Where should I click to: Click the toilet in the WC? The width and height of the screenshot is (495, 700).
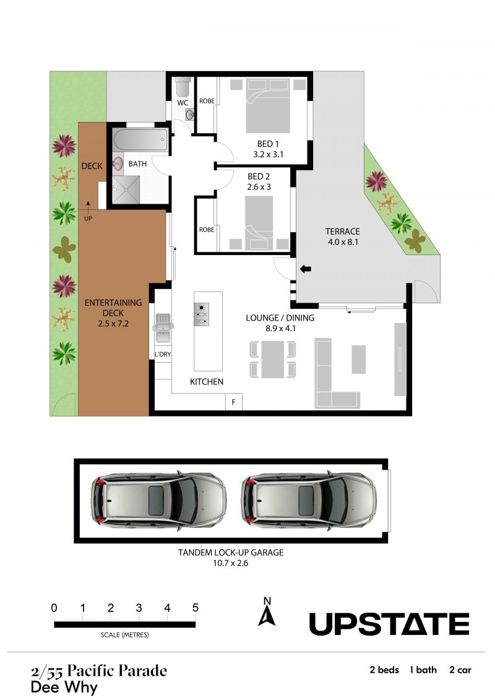[183, 87]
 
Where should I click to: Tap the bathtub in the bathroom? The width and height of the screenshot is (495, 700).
[140, 140]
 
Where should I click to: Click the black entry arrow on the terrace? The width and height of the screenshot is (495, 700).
[305, 269]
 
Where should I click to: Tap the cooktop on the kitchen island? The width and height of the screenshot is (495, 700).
[201, 314]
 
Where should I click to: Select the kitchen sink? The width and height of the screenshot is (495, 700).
[163, 327]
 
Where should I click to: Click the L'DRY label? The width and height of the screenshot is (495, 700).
[163, 354]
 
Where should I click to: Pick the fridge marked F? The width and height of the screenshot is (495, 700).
[233, 402]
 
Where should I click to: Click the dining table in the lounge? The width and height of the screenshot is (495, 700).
[273, 359]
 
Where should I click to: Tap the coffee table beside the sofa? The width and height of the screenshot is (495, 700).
[358, 360]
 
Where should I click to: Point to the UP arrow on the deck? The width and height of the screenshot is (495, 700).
[88, 206]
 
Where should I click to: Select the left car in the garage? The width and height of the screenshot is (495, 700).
[158, 499]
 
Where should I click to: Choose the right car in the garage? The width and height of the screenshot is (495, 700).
[309, 499]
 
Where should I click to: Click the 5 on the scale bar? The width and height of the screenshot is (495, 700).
[195, 608]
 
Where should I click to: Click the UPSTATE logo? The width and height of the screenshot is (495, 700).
[389, 624]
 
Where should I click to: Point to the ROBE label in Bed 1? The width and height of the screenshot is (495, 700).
[207, 101]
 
